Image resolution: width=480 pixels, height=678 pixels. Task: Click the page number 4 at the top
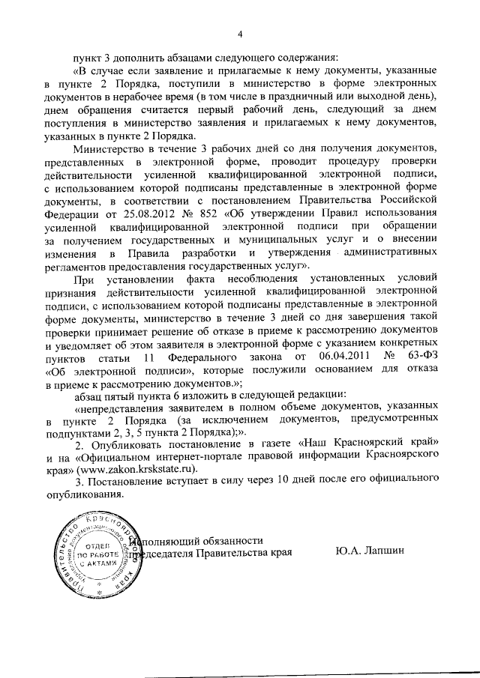point(240,34)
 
